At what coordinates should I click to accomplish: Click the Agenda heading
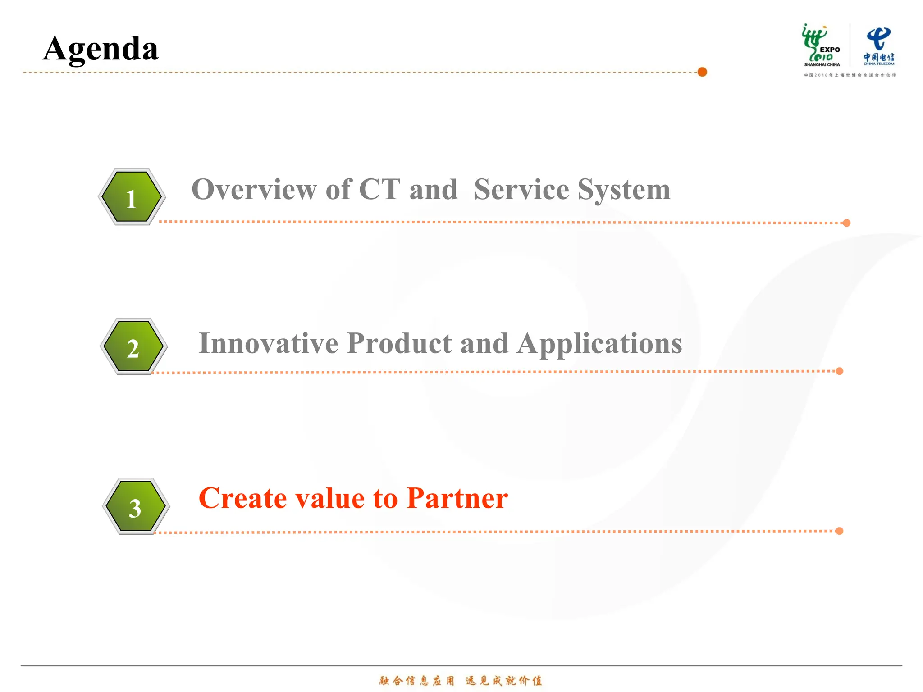(101, 49)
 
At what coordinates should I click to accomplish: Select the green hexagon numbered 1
(132, 197)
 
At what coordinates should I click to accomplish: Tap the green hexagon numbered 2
(133, 346)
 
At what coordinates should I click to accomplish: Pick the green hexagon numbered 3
(135, 506)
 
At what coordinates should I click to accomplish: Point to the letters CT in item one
(379, 189)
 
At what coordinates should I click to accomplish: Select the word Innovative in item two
(268, 343)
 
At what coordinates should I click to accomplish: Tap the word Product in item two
(399, 343)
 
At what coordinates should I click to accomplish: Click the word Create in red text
(242, 498)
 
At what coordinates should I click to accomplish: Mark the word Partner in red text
(457, 498)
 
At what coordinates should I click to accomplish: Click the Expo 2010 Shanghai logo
(821, 46)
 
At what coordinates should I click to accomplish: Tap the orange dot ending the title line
(702, 72)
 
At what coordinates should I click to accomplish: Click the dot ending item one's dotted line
(847, 223)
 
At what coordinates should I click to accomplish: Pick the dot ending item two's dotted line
(840, 371)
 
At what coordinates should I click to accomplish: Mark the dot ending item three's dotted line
(839, 531)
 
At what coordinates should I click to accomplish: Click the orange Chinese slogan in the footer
(461, 680)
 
